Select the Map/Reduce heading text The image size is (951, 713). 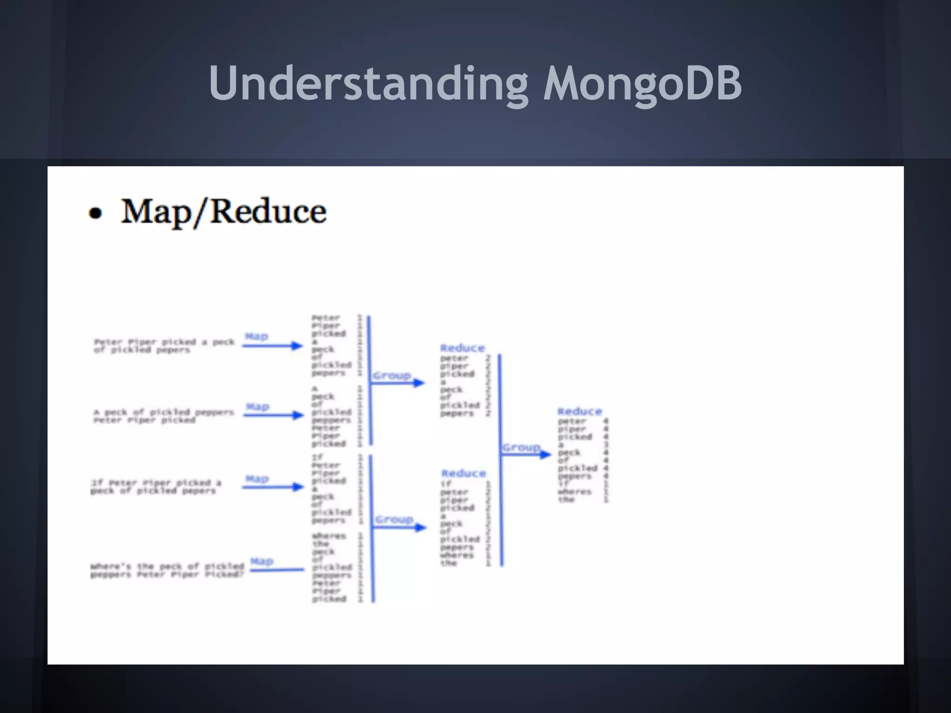(223, 212)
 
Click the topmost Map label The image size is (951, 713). (256, 336)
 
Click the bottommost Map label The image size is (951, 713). (262, 561)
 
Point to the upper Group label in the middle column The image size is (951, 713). (392, 375)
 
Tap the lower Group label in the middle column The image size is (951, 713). (394, 519)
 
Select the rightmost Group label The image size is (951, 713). (521, 447)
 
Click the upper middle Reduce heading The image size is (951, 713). (462, 348)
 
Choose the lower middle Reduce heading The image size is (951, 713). (463, 473)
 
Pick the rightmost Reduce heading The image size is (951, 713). (580, 411)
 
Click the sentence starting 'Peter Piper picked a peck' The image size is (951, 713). (164, 346)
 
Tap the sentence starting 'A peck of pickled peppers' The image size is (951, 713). (163, 416)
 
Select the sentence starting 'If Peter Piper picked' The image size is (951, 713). (156, 486)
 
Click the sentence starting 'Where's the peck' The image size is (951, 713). (167, 570)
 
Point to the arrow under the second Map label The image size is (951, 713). (273, 415)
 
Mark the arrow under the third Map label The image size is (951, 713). (273, 486)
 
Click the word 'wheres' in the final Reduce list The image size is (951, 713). (574, 492)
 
